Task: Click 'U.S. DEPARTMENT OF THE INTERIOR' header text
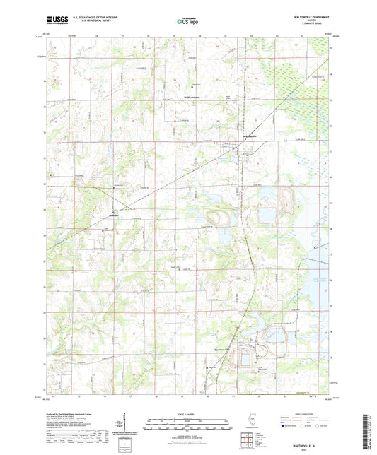pyautogui.click(x=93, y=18)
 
